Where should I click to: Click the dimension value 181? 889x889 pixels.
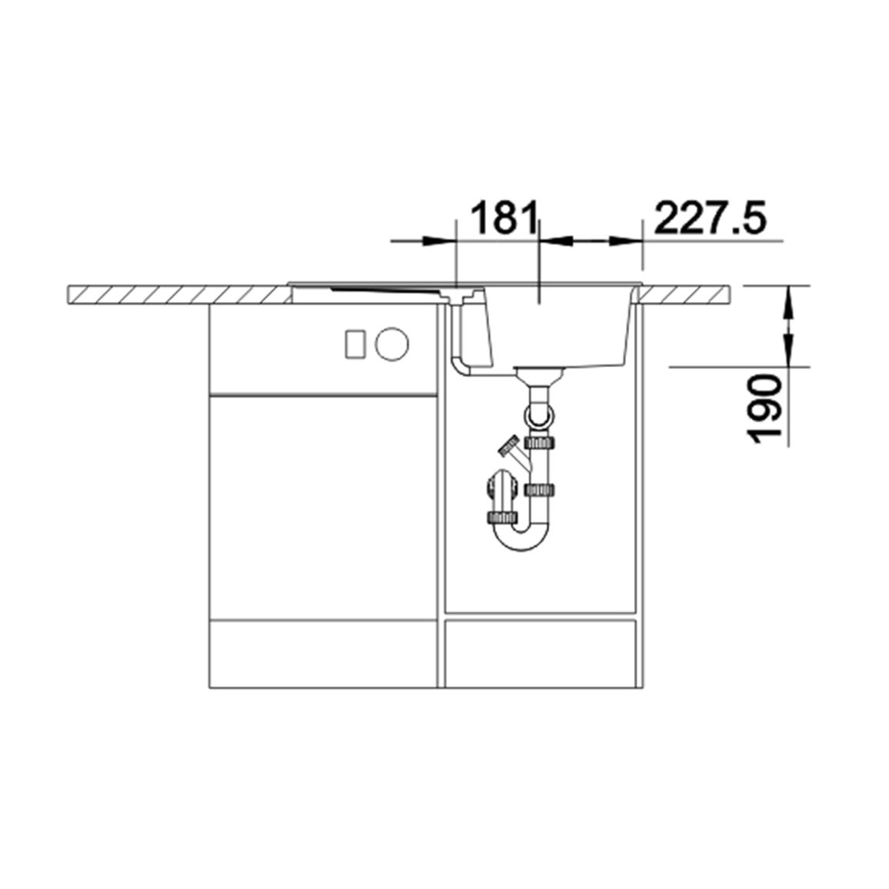click(x=504, y=217)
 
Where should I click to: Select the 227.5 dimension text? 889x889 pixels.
click(x=710, y=217)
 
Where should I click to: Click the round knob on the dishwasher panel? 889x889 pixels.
click(x=391, y=344)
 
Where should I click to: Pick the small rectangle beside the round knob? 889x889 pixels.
click(x=355, y=345)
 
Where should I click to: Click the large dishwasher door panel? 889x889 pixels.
click(x=323, y=508)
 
